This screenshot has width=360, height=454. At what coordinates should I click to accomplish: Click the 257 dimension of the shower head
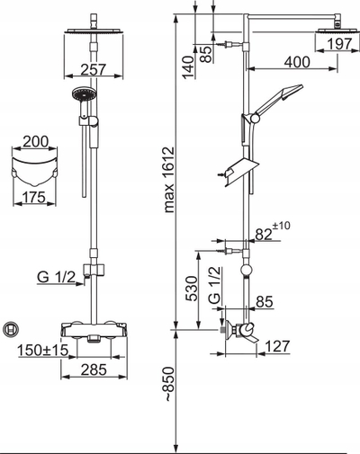[x=94, y=69]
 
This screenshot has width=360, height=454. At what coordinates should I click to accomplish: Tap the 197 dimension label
[x=339, y=44]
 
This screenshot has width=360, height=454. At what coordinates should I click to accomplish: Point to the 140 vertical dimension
[x=189, y=67]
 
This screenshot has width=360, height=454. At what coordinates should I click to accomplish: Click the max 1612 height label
[x=169, y=180]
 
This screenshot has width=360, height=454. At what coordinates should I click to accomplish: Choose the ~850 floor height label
[x=169, y=384]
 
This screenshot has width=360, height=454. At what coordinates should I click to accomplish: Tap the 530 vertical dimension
[x=192, y=289]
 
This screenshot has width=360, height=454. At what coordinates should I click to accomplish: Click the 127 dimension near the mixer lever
[x=278, y=346]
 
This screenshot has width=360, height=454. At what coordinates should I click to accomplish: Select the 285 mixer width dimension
[x=94, y=369]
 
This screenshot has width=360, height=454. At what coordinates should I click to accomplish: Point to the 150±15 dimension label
[x=43, y=350]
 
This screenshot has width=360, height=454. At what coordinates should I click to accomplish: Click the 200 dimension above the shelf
[x=35, y=141]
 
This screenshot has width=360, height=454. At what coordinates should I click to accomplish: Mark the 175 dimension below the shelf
[x=34, y=197]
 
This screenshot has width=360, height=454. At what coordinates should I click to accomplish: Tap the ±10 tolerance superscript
[x=282, y=226]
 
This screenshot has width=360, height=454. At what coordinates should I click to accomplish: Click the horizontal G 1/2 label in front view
[x=56, y=278]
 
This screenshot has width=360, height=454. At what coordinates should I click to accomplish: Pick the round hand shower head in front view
[x=84, y=93]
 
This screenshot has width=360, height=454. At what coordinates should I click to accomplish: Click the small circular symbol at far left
[x=11, y=330]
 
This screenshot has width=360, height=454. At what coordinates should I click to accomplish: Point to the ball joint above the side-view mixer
[x=247, y=270]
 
